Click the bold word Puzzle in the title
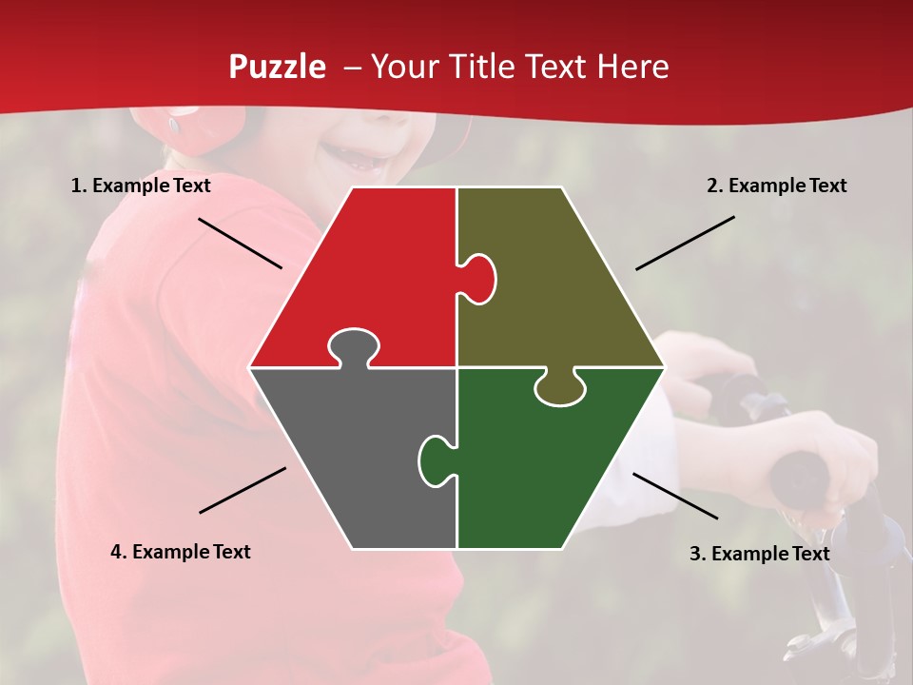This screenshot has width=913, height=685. [277, 67]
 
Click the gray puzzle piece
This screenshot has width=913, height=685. [352, 447]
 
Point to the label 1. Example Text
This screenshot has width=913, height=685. [141, 186]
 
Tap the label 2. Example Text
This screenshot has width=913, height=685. [776, 186]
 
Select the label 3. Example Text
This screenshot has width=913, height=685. [759, 554]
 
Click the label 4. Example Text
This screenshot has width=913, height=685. [181, 552]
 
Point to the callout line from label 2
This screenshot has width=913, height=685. [685, 243]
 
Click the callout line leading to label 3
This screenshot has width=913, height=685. [675, 496]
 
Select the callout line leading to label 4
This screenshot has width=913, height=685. [243, 490]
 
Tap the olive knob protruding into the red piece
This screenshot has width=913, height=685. [479, 279]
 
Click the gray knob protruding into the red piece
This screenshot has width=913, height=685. [353, 346]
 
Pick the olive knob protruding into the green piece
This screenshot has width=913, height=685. [559, 387]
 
